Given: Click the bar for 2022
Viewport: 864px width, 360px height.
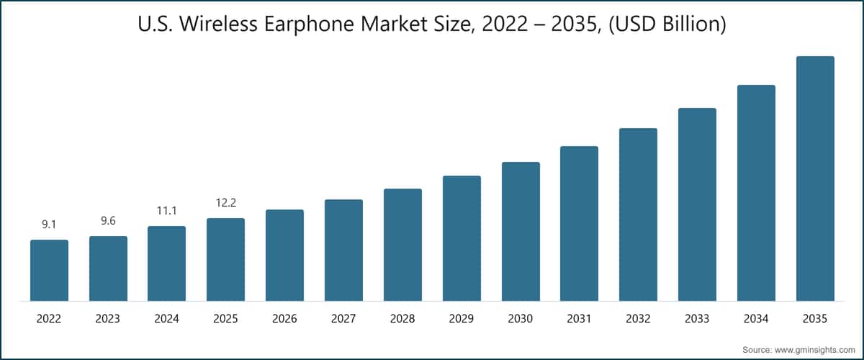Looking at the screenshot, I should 49,270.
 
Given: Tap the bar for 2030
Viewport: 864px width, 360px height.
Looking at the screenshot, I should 521,231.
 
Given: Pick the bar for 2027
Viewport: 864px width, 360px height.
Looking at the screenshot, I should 343,250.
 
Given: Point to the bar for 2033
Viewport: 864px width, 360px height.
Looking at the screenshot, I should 697,204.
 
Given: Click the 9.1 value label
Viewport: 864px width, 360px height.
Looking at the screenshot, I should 49,225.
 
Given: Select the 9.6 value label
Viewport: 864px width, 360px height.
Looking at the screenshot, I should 108,221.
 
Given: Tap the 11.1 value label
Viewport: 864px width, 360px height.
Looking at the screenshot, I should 167,211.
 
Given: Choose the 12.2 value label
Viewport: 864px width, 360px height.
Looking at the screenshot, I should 225,203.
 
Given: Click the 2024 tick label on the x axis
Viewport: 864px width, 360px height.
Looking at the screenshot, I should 167,318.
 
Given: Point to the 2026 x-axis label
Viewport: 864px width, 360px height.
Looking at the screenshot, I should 284,318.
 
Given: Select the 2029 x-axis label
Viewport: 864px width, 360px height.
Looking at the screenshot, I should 462,318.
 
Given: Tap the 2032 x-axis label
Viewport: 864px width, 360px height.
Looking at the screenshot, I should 638,318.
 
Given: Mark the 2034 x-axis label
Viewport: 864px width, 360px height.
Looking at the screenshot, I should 756,318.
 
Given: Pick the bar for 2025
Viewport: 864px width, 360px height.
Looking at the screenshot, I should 225,259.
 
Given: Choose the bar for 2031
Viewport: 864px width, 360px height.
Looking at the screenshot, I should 579,223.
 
